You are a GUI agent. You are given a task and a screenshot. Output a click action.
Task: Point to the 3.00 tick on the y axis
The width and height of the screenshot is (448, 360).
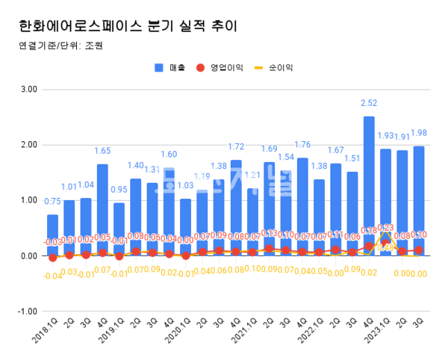coord(29,89)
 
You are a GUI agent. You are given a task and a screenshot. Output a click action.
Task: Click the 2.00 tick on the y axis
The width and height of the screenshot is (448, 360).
coord(29,145)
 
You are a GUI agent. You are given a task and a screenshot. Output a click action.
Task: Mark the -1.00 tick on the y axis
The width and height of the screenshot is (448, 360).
coord(28,311)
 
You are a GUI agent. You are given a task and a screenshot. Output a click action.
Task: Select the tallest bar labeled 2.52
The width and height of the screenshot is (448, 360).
coord(369,186)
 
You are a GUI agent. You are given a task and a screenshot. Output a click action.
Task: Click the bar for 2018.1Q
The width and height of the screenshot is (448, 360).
coord(52,235)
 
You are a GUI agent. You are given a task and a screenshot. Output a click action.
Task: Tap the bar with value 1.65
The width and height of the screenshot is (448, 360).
coord(102,210)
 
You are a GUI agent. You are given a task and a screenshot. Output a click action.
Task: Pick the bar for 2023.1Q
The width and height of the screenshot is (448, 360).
coord(385,202)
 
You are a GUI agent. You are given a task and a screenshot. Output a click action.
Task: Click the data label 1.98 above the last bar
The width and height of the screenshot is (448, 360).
coord(420,134)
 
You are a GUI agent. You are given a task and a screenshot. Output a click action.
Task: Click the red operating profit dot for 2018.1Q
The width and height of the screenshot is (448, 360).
coord(52,257)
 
